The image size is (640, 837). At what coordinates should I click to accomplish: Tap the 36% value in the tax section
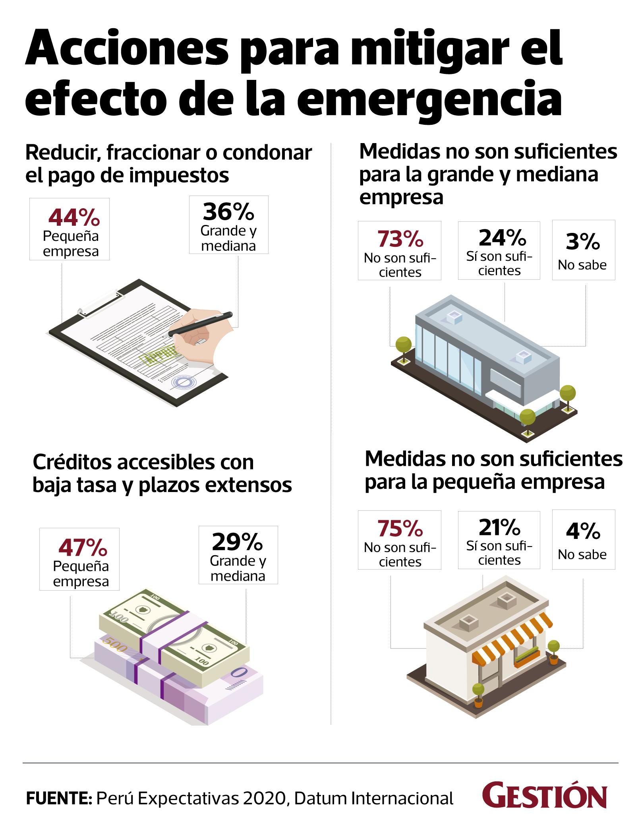click(228, 211)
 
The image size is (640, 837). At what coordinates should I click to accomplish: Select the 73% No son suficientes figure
click(400, 238)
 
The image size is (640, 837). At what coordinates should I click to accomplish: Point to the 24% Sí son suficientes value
click(502, 237)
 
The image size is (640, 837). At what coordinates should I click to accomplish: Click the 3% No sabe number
click(582, 242)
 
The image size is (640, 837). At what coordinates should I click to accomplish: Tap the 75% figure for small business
click(400, 528)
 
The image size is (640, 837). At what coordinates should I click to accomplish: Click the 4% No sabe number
click(582, 531)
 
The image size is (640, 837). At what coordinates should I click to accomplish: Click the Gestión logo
click(544, 797)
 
